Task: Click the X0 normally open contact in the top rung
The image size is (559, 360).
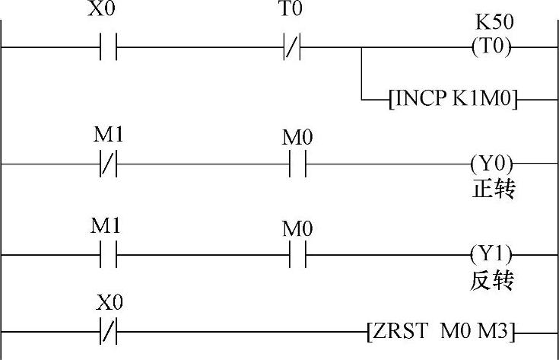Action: coord(109,47)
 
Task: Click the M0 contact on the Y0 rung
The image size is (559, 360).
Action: coord(297,164)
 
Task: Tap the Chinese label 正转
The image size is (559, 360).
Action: coord(493,189)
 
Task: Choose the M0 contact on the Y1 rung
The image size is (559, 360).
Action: coord(297,253)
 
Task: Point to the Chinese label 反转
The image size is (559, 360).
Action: coord(493,280)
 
